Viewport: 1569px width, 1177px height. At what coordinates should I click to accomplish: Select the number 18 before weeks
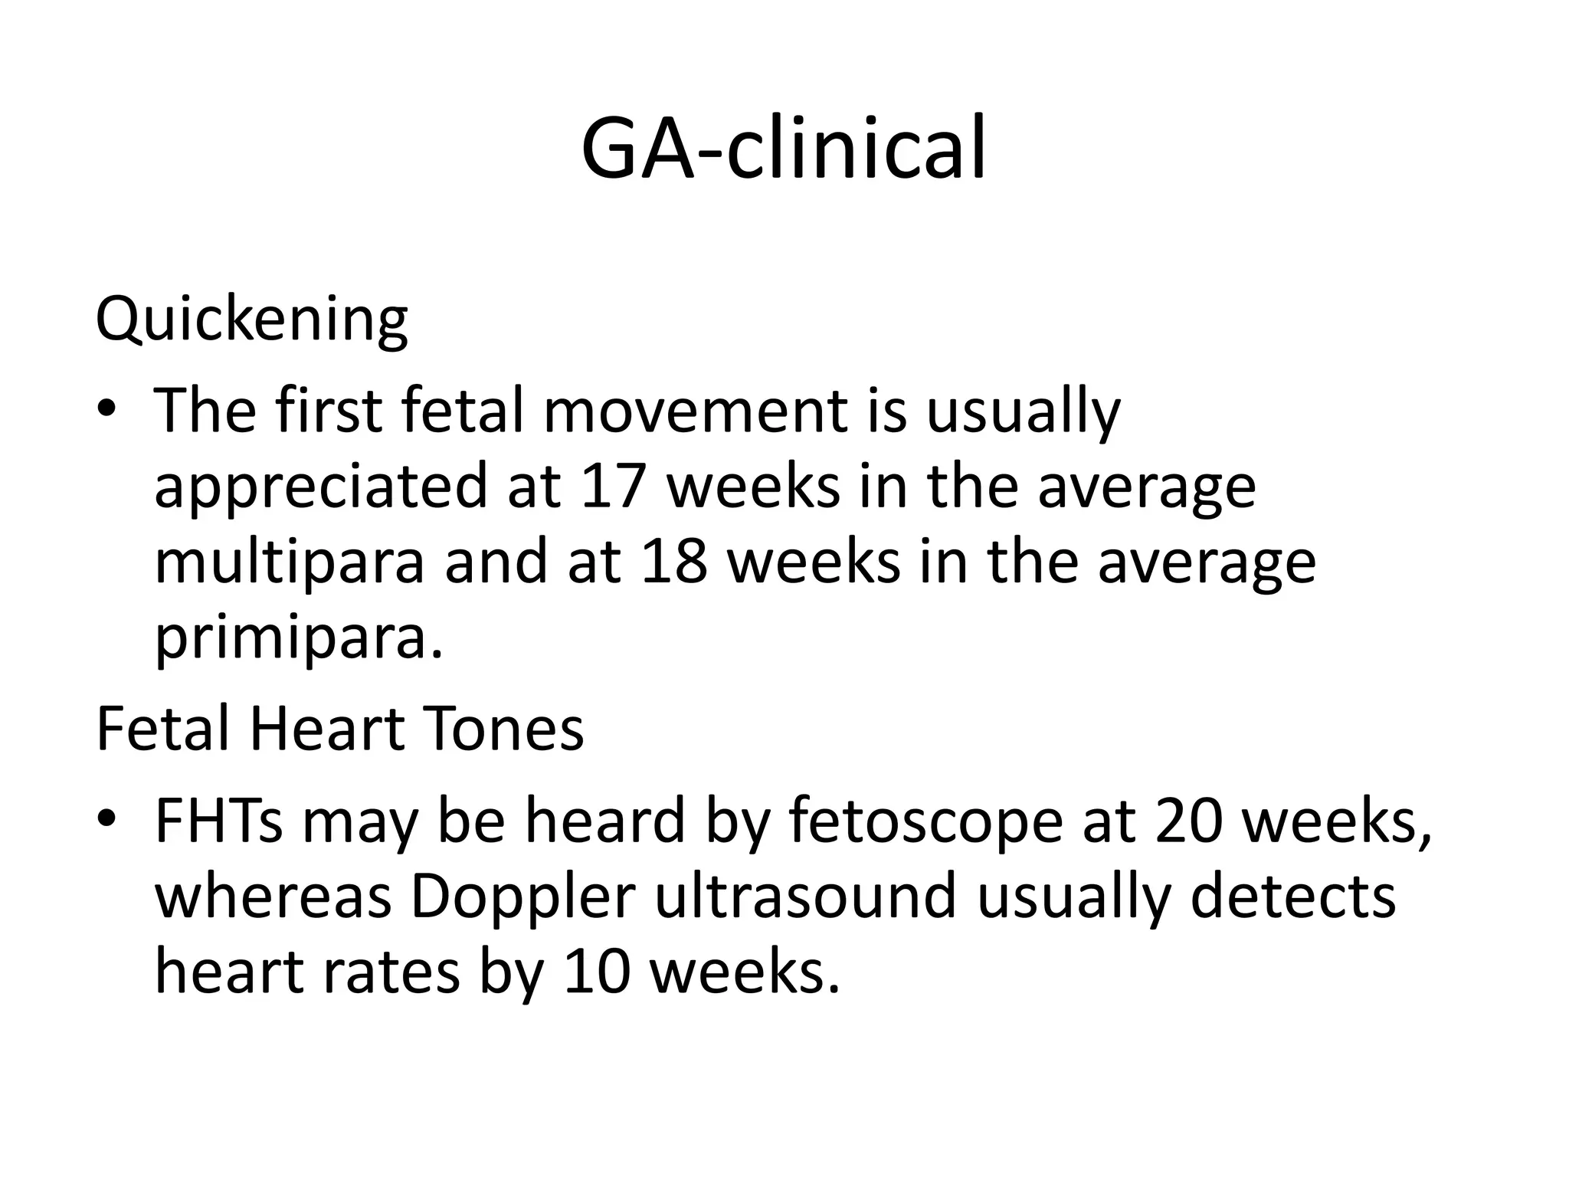point(673,562)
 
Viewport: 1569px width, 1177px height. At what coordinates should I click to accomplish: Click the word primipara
point(298,638)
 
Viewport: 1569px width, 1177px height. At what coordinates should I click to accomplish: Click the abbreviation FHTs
point(218,821)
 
